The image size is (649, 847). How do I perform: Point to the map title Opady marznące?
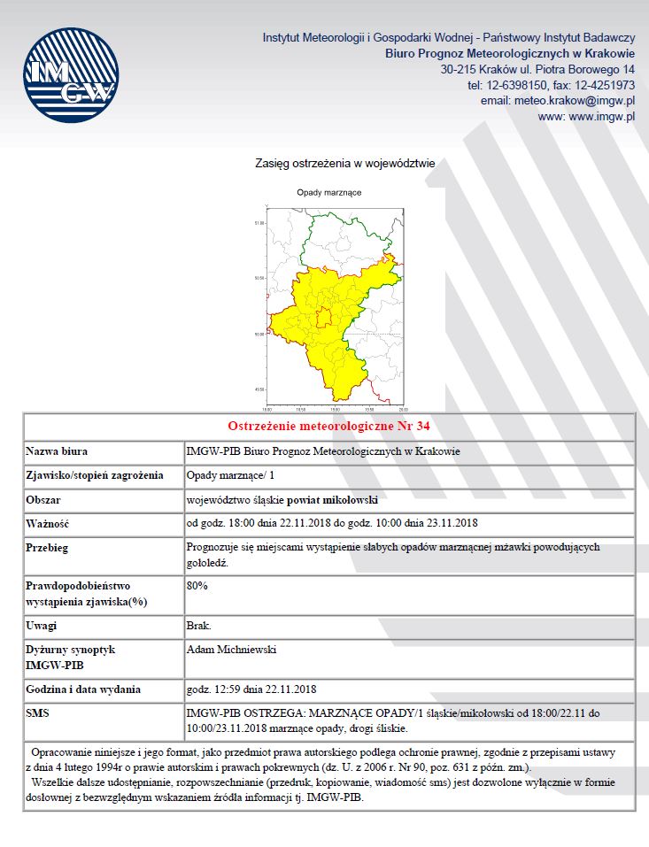click(329, 192)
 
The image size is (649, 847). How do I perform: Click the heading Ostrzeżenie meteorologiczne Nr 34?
click(328, 427)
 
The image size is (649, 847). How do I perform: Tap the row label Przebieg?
click(48, 548)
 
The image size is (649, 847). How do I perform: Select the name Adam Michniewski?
click(232, 650)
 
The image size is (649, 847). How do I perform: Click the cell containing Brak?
click(199, 626)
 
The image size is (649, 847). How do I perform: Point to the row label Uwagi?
click(42, 626)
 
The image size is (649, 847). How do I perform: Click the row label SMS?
click(39, 712)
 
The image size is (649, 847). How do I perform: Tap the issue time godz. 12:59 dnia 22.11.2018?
click(251, 689)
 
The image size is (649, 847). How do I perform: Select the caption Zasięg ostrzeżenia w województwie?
click(344, 164)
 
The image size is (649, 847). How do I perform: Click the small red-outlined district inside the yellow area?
click(325, 317)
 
